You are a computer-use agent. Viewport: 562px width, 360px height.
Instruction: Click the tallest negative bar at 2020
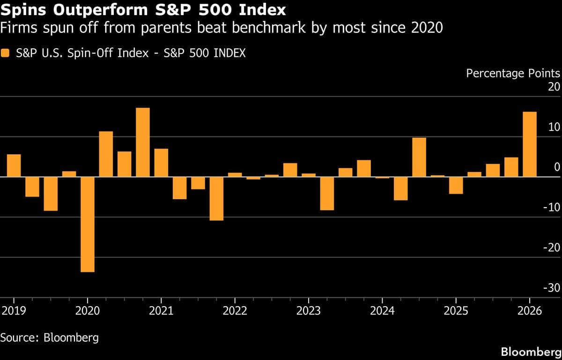[x=88, y=224]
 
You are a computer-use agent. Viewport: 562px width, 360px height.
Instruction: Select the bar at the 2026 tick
[x=530, y=144]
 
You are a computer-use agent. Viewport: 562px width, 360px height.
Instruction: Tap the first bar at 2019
[x=14, y=165]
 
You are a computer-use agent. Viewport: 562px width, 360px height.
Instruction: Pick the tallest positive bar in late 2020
[x=143, y=142]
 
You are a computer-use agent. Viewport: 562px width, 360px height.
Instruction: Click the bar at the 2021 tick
[x=161, y=163]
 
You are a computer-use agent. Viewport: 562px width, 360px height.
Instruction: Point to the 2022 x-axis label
[x=235, y=311]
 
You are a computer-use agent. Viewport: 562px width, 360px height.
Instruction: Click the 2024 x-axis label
[x=382, y=311]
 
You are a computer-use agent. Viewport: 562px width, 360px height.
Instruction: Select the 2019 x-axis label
[x=14, y=311]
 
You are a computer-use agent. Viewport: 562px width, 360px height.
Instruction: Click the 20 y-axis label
[x=554, y=87]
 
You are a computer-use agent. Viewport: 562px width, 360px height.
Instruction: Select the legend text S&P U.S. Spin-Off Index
[x=80, y=53]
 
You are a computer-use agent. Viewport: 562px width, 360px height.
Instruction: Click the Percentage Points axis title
[x=513, y=73]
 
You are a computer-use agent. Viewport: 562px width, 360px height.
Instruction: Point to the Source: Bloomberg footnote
[x=49, y=337]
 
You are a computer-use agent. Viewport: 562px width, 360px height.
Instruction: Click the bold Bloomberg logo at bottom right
[x=530, y=351]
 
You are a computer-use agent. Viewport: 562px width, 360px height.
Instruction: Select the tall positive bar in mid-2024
[x=419, y=157]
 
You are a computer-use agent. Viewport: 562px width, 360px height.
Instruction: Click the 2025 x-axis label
[x=456, y=311]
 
